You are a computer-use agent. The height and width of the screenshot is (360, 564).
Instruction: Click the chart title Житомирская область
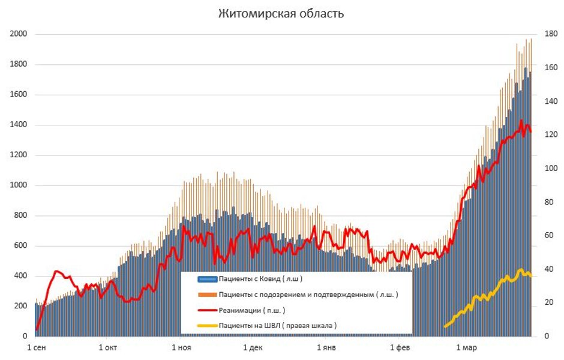click(281, 13)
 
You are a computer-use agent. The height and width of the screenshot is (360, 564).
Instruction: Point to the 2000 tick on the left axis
click(18, 34)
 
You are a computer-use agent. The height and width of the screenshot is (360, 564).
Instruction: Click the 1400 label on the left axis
click(18, 125)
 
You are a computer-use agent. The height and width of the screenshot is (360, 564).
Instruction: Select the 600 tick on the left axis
click(20, 246)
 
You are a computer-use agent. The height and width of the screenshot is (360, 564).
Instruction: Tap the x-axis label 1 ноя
click(181, 347)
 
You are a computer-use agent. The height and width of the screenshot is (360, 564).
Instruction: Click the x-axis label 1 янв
click(326, 347)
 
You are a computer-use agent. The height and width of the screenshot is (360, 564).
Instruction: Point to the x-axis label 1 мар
click(466, 347)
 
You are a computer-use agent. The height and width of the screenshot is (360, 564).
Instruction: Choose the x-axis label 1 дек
click(253, 347)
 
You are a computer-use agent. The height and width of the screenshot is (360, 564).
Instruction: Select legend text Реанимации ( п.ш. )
click(251, 310)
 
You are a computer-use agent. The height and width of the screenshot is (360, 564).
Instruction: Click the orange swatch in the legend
click(206, 295)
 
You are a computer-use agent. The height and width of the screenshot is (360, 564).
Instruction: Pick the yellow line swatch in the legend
click(206, 326)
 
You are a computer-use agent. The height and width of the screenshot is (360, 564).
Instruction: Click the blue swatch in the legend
click(206, 279)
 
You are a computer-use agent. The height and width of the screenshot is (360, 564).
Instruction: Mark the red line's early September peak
click(57, 271)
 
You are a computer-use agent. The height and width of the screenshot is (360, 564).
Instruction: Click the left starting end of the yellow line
click(445, 326)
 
